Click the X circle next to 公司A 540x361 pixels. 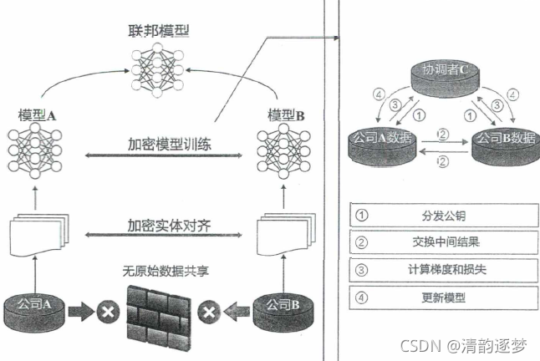click(x=106, y=313)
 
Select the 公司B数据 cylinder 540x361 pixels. click(x=502, y=143)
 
